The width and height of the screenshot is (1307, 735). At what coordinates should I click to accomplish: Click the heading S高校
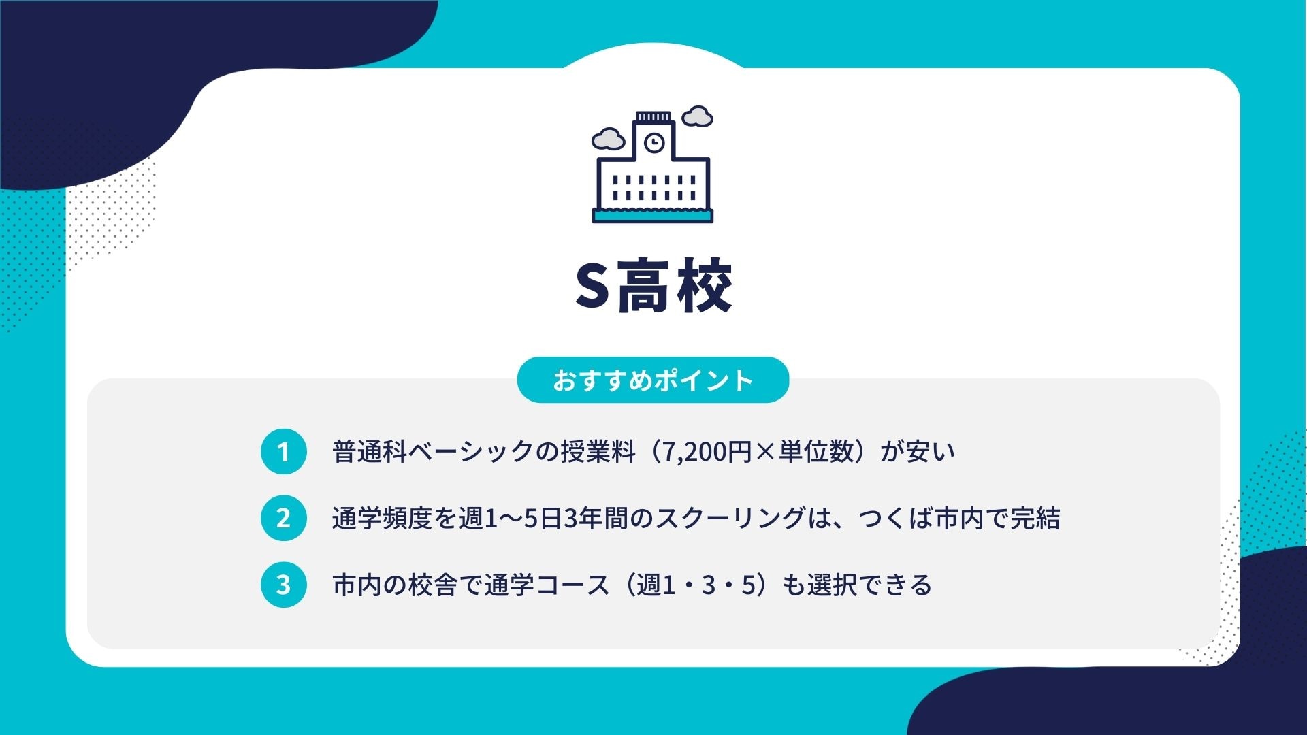[x=653, y=286]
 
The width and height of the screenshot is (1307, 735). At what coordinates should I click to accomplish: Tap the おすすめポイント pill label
[x=653, y=380]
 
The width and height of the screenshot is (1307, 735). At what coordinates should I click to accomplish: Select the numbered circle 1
[x=284, y=452]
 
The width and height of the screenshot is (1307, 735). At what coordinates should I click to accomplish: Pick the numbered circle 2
[x=284, y=519]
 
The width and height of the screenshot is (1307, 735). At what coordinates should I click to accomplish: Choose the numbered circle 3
[x=284, y=585]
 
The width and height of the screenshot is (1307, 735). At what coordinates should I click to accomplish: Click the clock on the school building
[x=654, y=143]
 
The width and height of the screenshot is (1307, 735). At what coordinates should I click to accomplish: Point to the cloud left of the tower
[x=608, y=139]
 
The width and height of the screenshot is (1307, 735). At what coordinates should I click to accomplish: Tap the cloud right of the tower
[x=697, y=116]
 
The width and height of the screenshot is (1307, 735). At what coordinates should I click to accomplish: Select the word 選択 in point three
[x=833, y=585]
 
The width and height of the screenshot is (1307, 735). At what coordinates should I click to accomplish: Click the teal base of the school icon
[x=653, y=216]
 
